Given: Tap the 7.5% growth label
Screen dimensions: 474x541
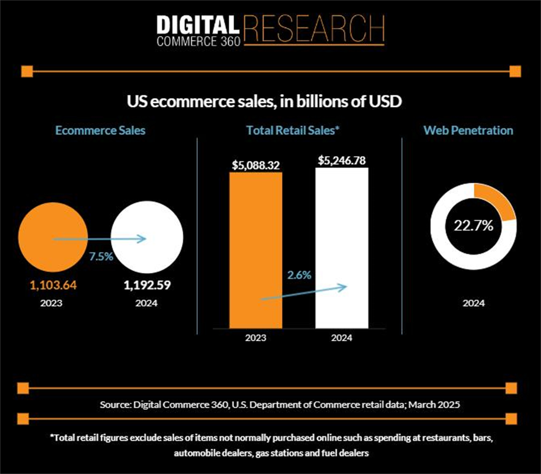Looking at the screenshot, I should pos(101,256).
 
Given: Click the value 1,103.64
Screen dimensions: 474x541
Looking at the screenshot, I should pos(53,285).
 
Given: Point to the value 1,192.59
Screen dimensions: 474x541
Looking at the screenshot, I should pos(147,285).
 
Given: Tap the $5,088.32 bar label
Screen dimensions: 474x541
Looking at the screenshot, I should pos(256,165).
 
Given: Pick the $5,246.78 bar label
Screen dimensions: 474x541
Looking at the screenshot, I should pos(342,161).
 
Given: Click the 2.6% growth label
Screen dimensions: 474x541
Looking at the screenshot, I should pos(299,275).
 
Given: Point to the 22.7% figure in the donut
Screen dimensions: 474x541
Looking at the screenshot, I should pos(473,225).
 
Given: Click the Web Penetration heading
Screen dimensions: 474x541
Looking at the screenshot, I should pos(468,130).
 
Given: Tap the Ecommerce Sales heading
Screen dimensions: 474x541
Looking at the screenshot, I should pos(100,130).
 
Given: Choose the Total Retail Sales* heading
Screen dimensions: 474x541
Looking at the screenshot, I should pos(293,130).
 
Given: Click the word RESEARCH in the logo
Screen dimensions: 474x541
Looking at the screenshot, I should pos(314,29).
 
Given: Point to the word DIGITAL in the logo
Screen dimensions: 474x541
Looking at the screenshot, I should pos(197,25).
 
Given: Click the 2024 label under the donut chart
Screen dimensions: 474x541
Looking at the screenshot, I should pos(473,303).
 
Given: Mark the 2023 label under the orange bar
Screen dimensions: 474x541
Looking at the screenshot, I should pos(256,338).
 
